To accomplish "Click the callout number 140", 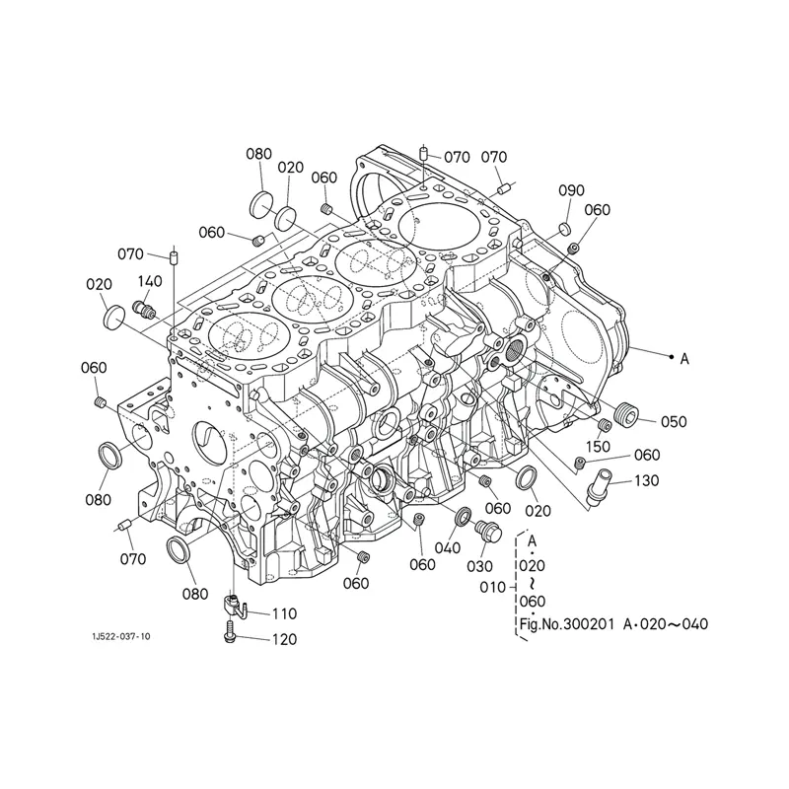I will coord(151,281).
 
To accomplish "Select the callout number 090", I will coord(572,190).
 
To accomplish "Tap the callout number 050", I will coord(674,421).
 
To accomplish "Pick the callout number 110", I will coord(283,612).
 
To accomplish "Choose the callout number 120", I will coord(283,639).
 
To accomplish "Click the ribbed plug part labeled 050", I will coord(624,414).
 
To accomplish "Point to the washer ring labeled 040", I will coord(462,518).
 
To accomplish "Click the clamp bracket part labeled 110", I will coord(234,603).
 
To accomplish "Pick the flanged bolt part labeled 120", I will coord(230,630).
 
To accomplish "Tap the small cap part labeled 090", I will coord(565,230).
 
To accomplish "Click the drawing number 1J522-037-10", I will coord(116,637).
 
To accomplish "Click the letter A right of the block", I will coord(684,358).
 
